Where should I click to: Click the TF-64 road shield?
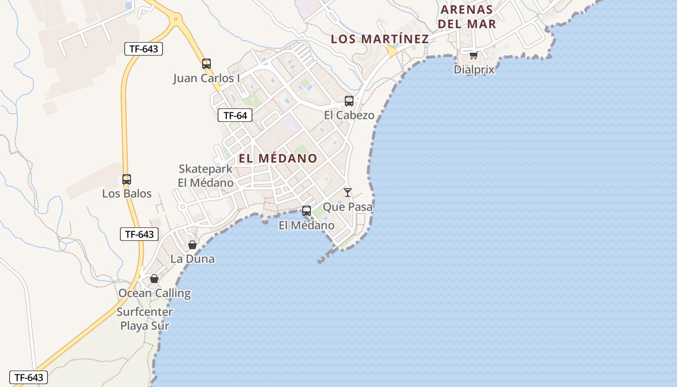[235, 115]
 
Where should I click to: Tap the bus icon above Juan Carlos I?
[206, 63]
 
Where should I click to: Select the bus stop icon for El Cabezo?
[349, 101]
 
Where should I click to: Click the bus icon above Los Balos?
[127, 179]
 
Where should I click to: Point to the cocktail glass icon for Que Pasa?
[348, 193]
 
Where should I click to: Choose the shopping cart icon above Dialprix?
[473, 55]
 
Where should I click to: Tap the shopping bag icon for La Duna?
[192, 245]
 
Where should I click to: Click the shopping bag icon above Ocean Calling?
[154, 279]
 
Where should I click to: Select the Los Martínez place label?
[380, 39]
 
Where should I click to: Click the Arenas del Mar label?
[468, 16]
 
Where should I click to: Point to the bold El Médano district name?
[278, 158]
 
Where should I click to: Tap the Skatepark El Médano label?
[206, 176]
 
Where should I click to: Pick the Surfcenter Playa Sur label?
[145, 319]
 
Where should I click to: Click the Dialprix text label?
[474, 70]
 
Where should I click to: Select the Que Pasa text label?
[348, 207]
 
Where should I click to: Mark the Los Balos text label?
[127, 194]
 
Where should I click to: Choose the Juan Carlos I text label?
[206, 78]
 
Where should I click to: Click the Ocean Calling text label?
[154, 293]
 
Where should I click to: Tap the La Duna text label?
[192, 259]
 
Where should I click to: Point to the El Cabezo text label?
[349, 115]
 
